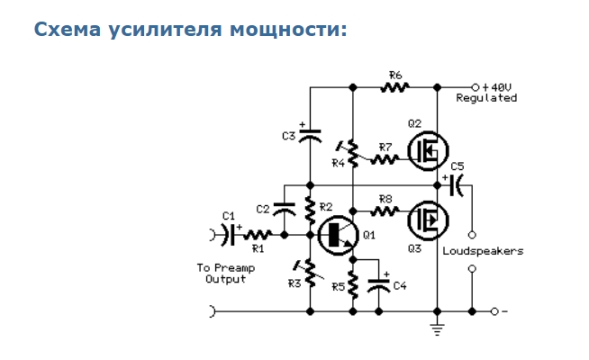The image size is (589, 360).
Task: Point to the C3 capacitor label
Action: click(x=288, y=136)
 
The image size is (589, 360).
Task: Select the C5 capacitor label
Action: click(x=458, y=166)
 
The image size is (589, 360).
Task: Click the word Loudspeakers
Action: click(x=483, y=251)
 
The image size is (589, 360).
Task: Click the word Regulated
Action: click(x=486, y=97)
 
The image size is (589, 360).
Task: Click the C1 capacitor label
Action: click(x=228, y=215)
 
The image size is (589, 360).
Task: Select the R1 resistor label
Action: click(x=258, y=247)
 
